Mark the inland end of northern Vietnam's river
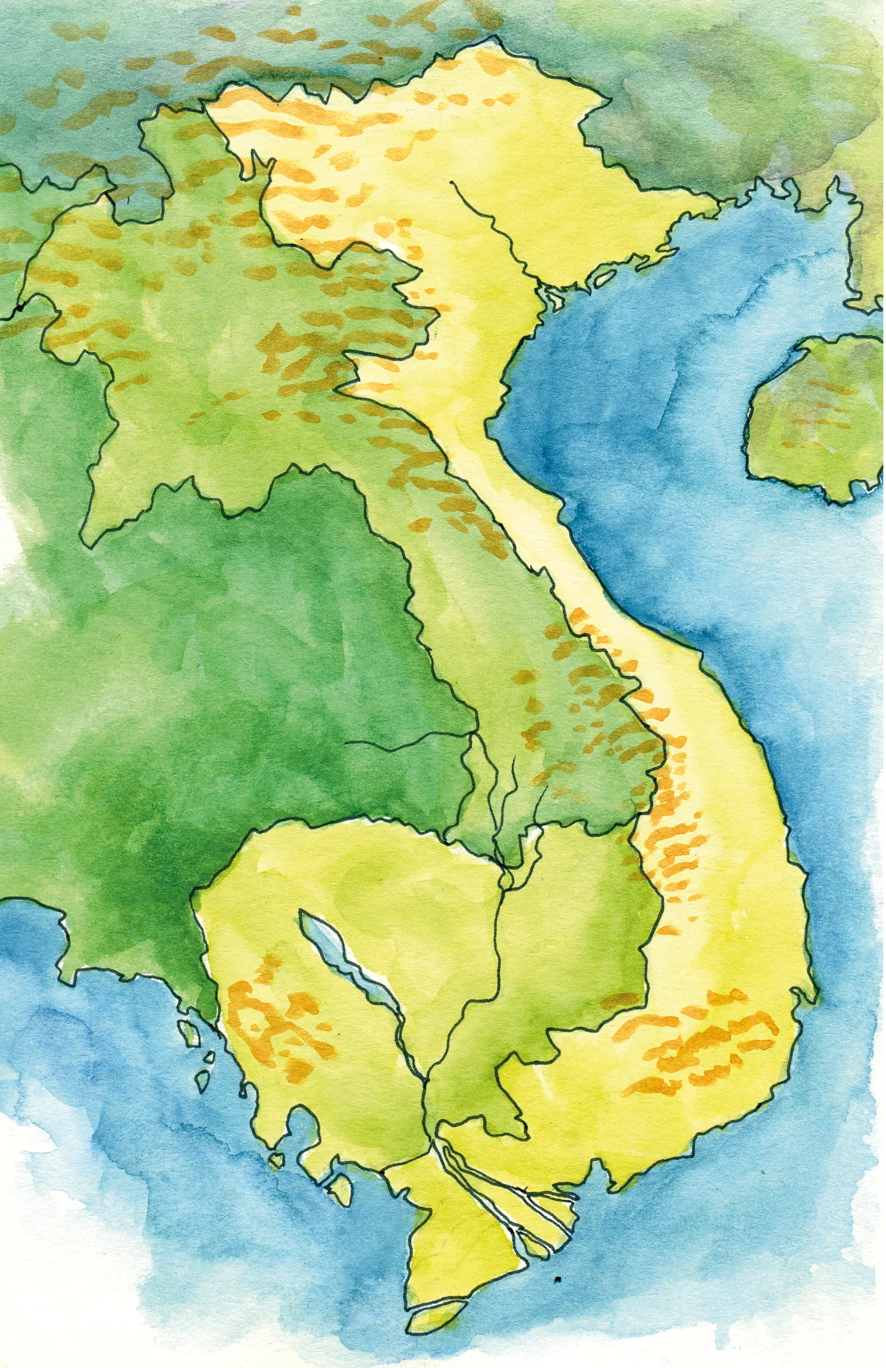click(452, 183)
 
